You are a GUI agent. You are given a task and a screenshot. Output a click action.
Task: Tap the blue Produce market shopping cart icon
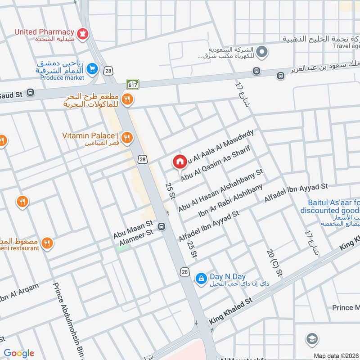93,68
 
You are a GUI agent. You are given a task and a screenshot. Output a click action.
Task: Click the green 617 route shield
133,84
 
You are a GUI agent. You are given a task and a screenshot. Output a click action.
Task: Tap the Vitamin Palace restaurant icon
127,137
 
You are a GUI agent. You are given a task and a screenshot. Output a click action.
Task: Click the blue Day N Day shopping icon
201,279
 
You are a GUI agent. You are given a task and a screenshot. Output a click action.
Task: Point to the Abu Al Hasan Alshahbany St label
220,191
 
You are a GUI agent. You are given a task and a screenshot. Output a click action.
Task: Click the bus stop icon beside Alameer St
162,226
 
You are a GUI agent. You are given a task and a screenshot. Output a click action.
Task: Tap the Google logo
19,353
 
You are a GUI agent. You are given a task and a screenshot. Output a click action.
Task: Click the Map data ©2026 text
336,355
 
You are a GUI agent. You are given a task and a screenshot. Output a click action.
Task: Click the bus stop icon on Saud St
30,93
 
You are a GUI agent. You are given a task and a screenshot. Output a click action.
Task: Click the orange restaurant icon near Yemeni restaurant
47,243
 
